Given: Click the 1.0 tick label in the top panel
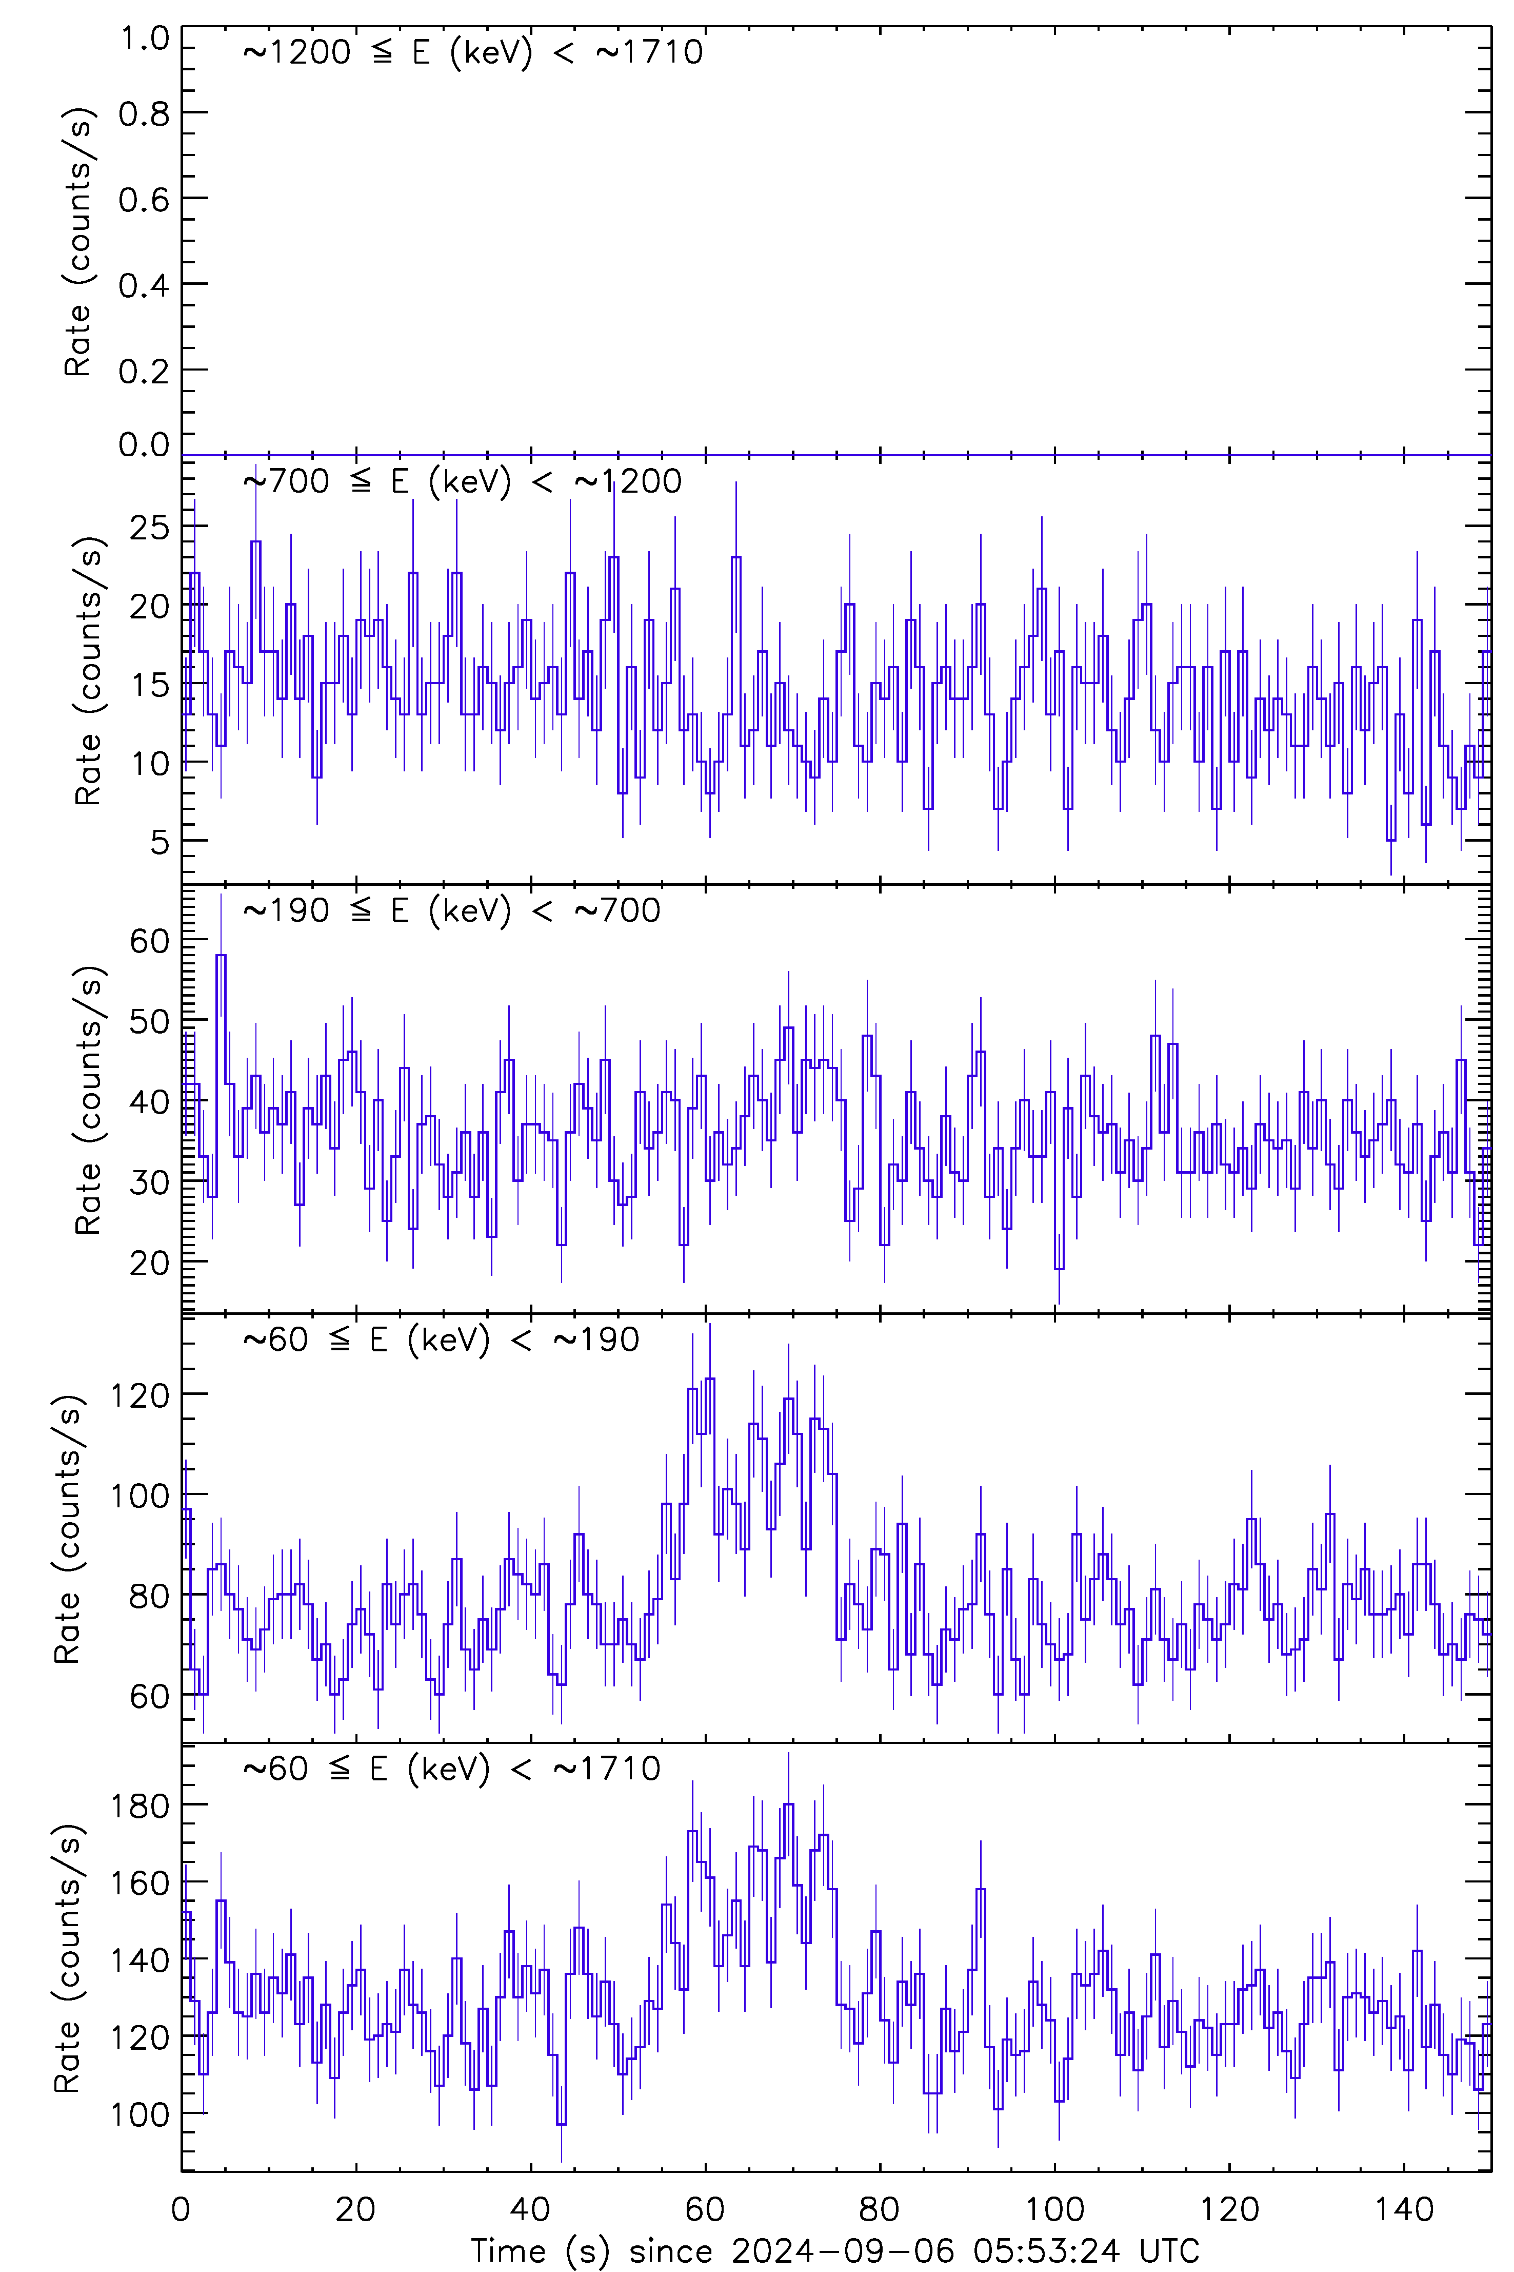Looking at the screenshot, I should coord(144,38).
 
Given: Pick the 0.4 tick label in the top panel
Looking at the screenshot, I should coord(144,285).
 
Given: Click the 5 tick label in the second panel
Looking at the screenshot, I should coord(160,841).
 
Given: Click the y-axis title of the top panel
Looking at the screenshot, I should coord(77,242).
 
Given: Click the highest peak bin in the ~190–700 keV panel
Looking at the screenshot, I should coord(221,956).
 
